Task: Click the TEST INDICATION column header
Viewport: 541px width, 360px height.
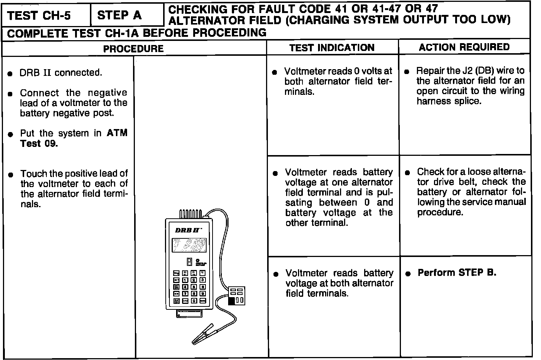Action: point(332,48)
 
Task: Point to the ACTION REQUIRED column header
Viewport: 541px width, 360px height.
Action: point(464,47)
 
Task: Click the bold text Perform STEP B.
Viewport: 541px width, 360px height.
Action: point(457,273)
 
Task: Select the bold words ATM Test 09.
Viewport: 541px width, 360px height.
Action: point(74,138)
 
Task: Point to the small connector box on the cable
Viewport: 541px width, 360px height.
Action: point(237,296)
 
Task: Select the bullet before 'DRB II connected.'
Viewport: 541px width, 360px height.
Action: point(10,73)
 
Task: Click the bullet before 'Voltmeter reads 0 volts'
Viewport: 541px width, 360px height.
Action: point(275,72)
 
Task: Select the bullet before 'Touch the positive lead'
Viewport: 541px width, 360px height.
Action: point(11,174)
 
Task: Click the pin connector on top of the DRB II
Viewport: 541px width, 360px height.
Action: point(191,214)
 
